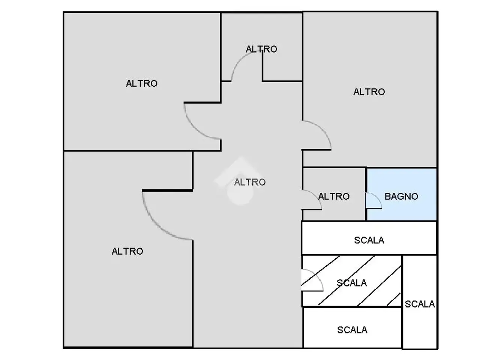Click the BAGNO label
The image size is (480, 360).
(x=401, y=196)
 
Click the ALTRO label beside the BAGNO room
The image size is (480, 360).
(x=334, y=196)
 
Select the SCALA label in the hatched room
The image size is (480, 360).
(x=351, y=283)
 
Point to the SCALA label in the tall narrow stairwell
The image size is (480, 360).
(x=420, y=304)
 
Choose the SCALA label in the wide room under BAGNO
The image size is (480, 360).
(x=369, y=240)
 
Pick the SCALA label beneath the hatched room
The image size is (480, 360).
(x=352, y=330)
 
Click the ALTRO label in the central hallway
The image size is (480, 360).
(x=250, y=182)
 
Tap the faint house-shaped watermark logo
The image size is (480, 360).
(x=240, y=181)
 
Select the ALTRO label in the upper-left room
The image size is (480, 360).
(x=141, y=83)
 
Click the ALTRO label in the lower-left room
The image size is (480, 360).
(x=127, y=251)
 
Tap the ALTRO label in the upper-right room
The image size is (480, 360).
(x=369, y=91)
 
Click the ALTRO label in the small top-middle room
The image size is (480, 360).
(x=261, y=49)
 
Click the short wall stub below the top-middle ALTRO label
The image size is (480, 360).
(x=262, y=66)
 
